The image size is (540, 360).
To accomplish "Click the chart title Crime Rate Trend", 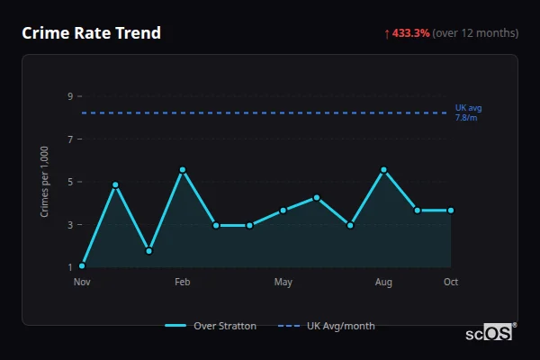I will (x=92, y=33).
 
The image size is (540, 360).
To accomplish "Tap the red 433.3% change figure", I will (x=411, y=33).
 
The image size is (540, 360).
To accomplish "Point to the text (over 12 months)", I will (x=475, y=33).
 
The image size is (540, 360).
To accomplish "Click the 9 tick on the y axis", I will (x=69, y=96).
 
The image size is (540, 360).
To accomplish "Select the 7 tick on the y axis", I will (x=69, y=139).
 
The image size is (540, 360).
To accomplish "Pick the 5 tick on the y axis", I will (x=69, y=182).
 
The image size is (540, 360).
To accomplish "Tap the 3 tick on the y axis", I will (x=69, y=225).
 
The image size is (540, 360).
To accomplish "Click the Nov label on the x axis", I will (x=82, y=283).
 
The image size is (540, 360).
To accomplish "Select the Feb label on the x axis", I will (x=183, y=283).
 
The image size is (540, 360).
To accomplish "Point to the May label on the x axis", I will (x=283, y=283).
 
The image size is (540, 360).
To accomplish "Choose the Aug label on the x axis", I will (x=383, y=283).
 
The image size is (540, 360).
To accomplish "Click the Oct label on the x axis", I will (x=451, y=283).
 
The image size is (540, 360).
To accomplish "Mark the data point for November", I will (x=82, y=265).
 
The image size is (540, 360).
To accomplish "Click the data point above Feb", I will (x=183, y=170).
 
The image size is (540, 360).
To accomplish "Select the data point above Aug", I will (x=383, y=170).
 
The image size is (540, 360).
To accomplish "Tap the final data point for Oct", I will (x=451, y=211).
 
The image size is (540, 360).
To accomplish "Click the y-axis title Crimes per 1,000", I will (x=45, y=182).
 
